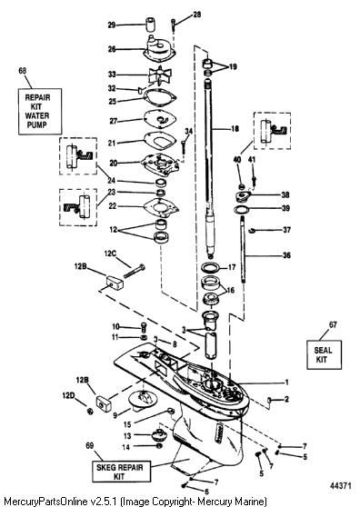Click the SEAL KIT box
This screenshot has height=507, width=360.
pos(325,354)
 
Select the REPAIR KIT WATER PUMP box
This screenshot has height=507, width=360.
pos(40,111)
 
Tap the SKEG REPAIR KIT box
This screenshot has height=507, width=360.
pos(121,472)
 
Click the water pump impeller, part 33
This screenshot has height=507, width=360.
pos(158,76)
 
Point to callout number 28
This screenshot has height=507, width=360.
pos(196,15)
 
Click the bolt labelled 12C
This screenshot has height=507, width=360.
pos(135,272)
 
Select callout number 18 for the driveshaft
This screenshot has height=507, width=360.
pos(235,129)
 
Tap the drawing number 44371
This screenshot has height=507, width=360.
pos(340,486)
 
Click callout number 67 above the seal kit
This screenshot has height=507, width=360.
pos(333,324)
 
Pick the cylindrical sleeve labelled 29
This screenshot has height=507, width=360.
pos(150,25)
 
